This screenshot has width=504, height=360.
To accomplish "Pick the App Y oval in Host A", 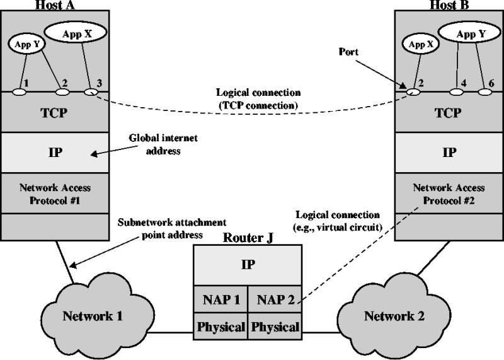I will point(23,45).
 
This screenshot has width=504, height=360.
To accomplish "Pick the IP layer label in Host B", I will point(449,153).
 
